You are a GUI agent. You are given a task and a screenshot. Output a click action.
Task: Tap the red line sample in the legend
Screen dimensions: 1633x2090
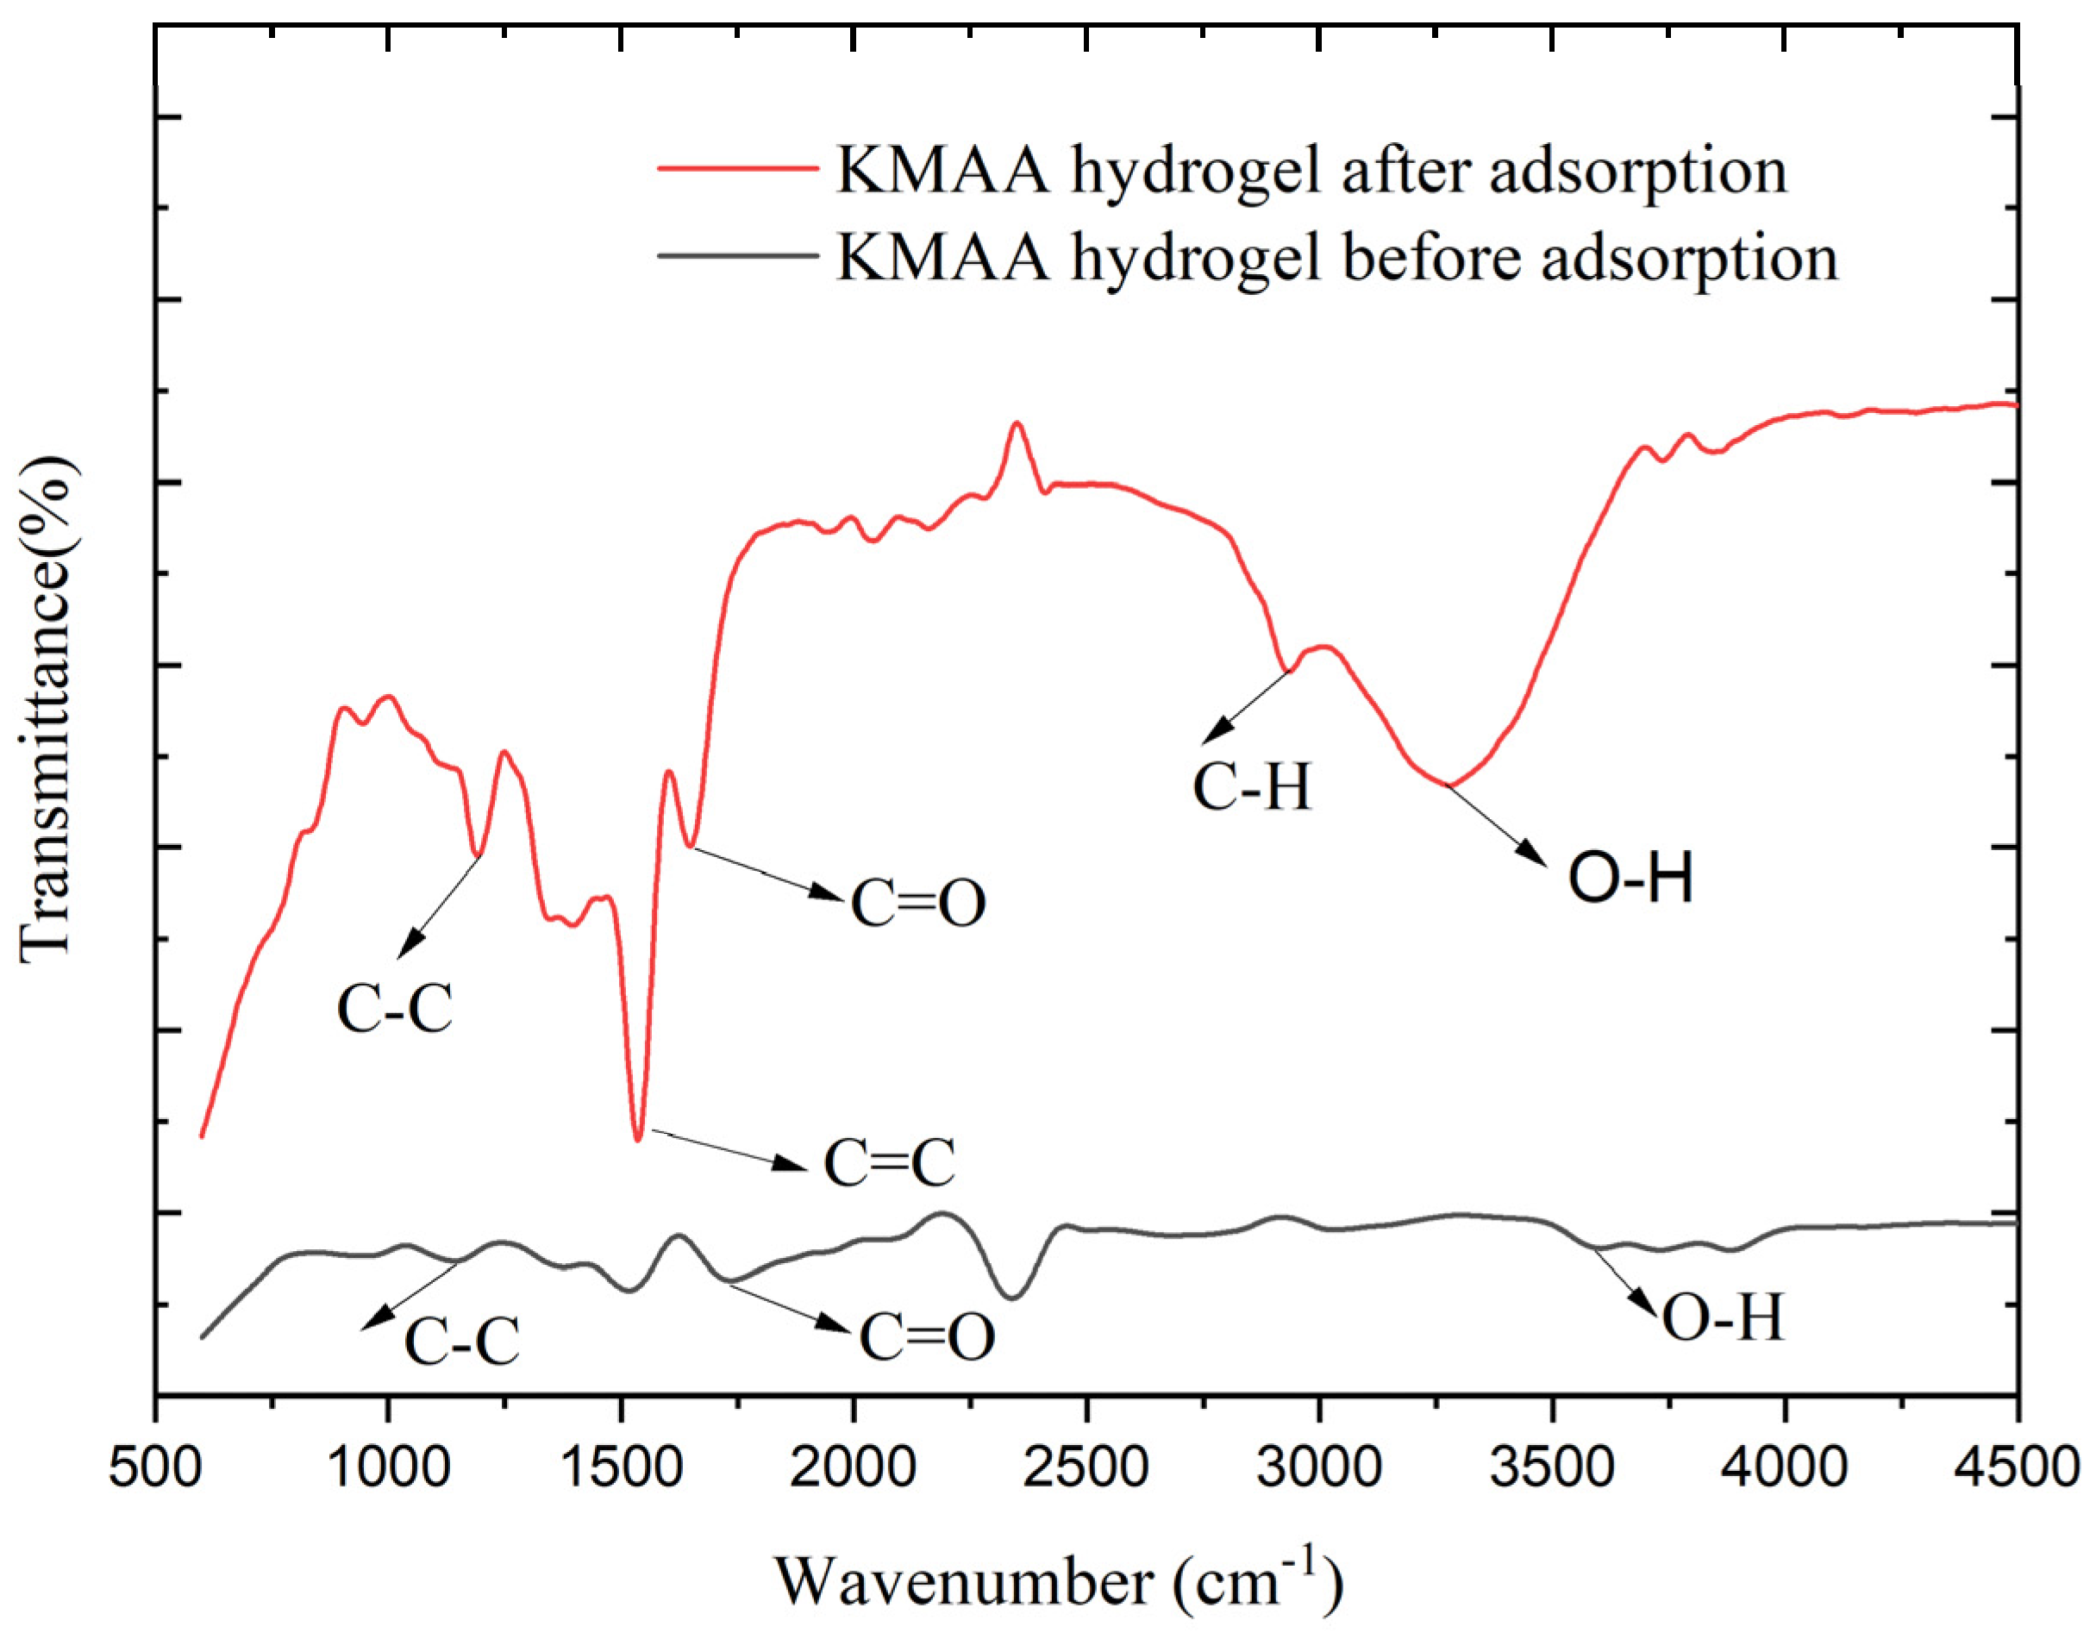737,167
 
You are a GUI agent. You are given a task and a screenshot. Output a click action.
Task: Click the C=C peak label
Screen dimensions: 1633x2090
889,1164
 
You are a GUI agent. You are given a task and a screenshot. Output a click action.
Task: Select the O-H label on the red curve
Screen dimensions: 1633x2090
1630,878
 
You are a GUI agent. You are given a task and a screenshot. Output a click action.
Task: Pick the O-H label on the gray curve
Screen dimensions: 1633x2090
1723,1318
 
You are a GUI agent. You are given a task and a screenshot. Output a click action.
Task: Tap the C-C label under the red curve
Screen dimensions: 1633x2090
394,1010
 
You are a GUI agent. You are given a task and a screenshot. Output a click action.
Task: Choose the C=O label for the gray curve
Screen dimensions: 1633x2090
926,1337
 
